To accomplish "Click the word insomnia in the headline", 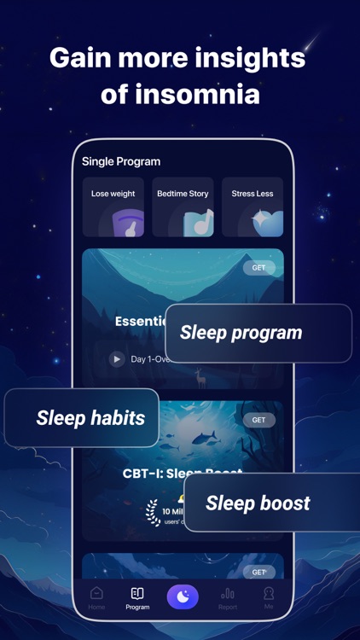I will [203, 94].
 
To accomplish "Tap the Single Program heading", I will [121, 161].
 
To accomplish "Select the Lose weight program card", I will [113, 207].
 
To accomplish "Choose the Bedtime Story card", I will [183, 207].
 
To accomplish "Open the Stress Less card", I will [252, 207].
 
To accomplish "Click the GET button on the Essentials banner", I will [258, 268].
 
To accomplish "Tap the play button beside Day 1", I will [117, 359].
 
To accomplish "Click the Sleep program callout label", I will [241, 333].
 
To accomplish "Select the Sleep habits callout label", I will [90, 418].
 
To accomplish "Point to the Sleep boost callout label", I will [258, 503].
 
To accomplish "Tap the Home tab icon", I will [97, 594].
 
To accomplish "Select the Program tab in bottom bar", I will [137, 597].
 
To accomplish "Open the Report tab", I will [228, 597].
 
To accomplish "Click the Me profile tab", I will [269, 597].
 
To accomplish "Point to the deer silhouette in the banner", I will [200, 376].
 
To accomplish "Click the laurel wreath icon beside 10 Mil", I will [153, 513].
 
